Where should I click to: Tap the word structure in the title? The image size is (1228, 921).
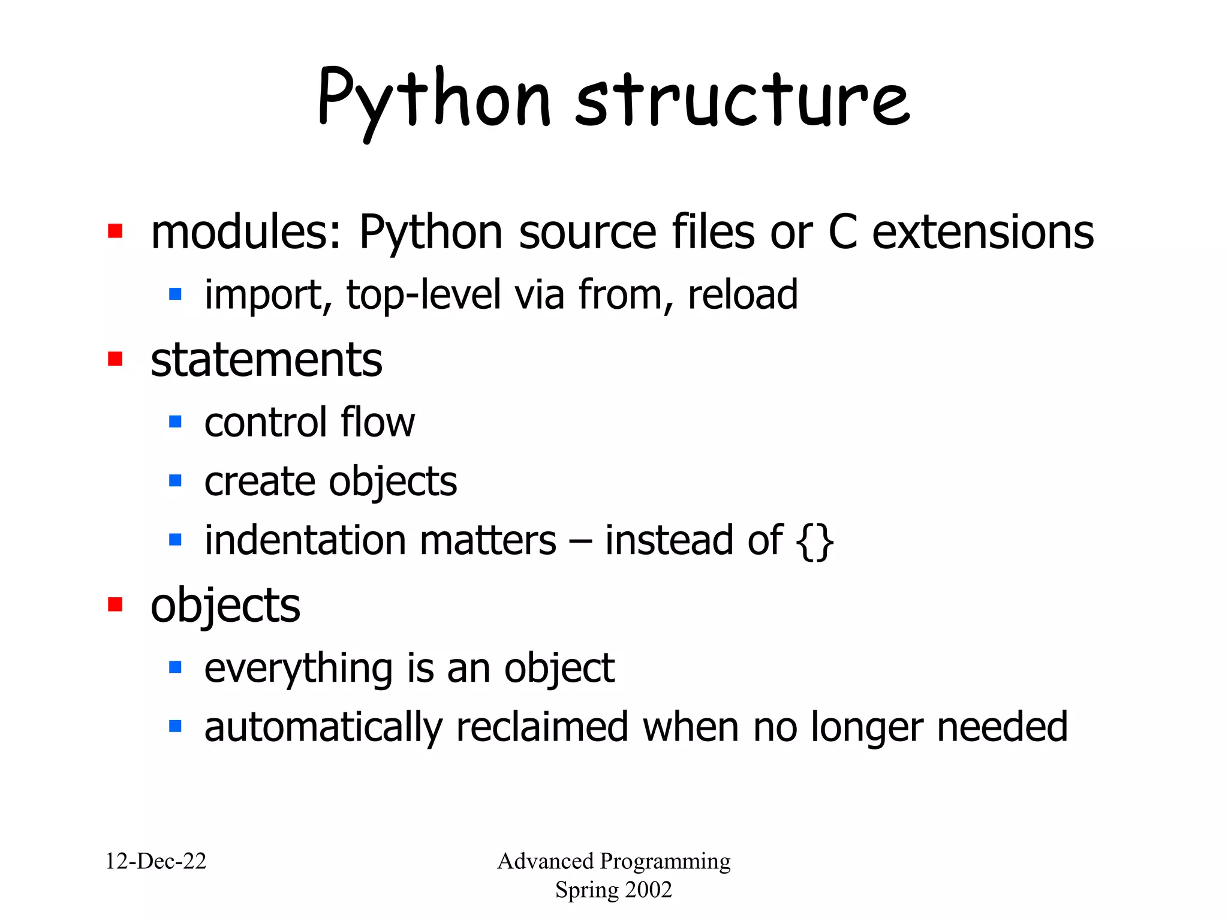pyautogui.click(x=742, y=101)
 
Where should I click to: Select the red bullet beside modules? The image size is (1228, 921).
pyautogui.click(x=115, y=231)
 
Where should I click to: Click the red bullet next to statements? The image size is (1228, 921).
pyautogui.click(x=115, y=359)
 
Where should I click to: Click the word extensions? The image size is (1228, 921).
pyautogui.click(x=983, y=232)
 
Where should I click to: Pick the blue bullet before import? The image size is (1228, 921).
pyautogui.click(x=175, y=294)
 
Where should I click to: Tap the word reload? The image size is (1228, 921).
pyautogui.click(x=742, y=294)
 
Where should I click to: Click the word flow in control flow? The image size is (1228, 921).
pyautogui.click(x=378, y=422)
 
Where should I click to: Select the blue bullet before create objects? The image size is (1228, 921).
pyautogui.click(x=175, y=480)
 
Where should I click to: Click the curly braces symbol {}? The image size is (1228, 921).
pyautogui.click(x=815, y=541)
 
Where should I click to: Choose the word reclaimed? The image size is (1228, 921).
pyautogui.click(x=542, y=727)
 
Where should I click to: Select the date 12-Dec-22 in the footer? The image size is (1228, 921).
pyautogui.click(x=156, y=861)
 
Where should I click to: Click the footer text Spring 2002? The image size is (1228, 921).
pyautogui.click(x=613, y=889)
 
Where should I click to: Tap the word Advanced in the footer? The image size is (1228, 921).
pyautogui.click(x=545, y=861)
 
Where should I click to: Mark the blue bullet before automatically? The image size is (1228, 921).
pyautogui.click(x=175, y=727)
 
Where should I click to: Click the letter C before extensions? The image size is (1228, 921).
pyautogui.click(x=842, y=232)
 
